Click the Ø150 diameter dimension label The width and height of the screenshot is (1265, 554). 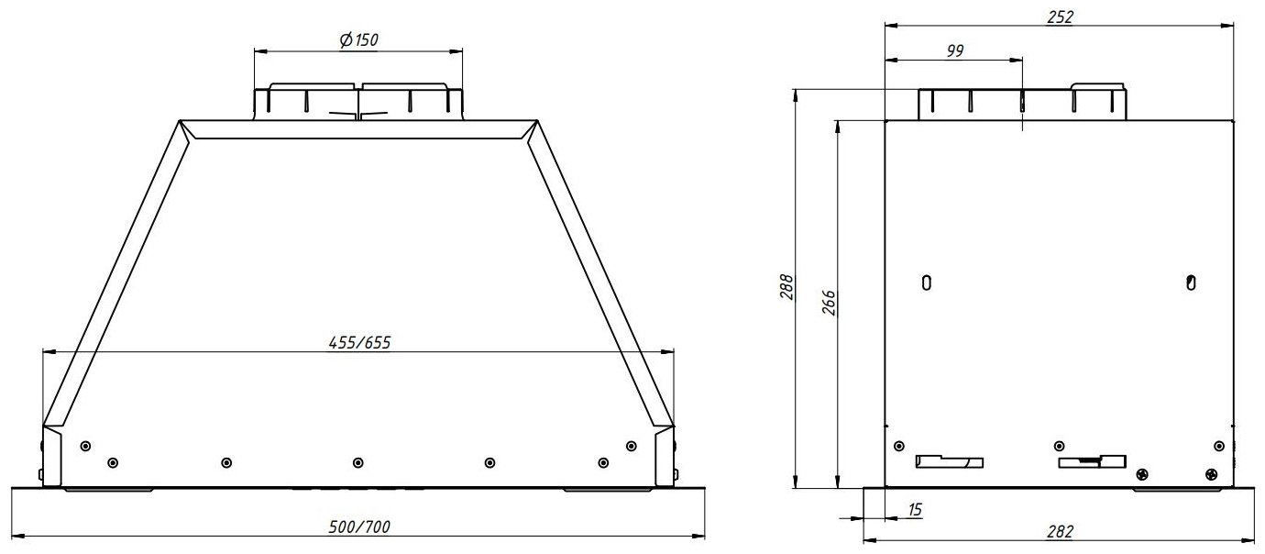click(358, 40)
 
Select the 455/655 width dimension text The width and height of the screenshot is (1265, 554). click(359, 342)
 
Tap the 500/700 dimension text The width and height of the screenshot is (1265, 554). click(359, 526)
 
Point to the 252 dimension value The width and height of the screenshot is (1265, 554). click(1060, 17)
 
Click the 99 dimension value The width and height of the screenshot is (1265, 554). click(955, 50)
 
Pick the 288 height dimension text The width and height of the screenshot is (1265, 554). click(786, 286)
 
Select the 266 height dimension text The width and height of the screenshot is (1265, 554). click(828, 303)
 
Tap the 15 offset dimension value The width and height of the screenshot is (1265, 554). click(914, 509)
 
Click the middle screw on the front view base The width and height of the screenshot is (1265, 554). click(358, 463)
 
